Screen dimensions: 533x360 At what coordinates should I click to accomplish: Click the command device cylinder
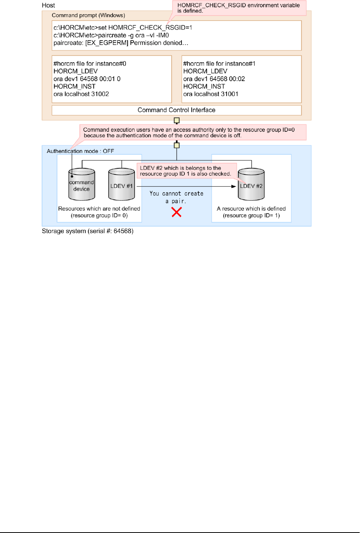pyautogui.click(x=81, y=185)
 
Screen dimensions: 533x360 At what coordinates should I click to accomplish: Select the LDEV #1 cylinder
pyautogui.click(x=121, y=185)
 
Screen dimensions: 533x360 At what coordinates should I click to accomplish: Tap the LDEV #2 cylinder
pyautogui.click(x=251, y=185)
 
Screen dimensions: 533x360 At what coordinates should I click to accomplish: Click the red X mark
pyautogui.click(x=177, y=212)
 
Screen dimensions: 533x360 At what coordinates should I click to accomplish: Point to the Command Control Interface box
pyautogui.click(x=176, y=110)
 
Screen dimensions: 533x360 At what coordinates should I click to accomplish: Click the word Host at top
pyautogui.click(x=48, y=5)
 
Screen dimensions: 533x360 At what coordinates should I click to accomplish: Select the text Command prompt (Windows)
pyautogui.click(x=88, y=15)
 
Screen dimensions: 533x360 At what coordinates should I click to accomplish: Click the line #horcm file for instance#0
pyautogui.click(x=90, y=64)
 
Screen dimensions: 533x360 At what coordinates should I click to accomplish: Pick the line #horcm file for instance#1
pyautogui.click(x=219, y=64)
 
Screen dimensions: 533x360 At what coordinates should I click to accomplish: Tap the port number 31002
pyautogui.click(x=100, y=94)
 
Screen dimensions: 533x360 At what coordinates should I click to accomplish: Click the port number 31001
pyautogui.click(x=229, y=94)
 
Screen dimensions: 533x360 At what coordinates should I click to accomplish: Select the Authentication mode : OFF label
pyautogui.click(x=80, y=151)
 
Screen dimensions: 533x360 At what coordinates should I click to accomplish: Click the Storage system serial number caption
pyautogui.click(x=88, y=231)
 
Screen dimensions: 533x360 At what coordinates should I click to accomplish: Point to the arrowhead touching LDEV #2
pyautogui.click(x=234, y=186)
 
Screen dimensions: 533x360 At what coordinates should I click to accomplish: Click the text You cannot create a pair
pyautogui.click(x=176, y=197)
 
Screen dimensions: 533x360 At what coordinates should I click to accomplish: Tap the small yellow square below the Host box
pyautogui.click(x=177, y=121)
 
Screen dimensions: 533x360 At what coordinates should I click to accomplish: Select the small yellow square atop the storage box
pyautogui.click(x=177, y=145)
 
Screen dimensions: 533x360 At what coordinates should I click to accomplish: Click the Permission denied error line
pyautogui.click(x=121, y=43)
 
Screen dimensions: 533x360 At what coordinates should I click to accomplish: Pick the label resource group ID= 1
pyautogui.click(x=251, y=216)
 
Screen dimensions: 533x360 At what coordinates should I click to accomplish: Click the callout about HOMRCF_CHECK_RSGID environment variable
pyautogui.click(x=239, y=8)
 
